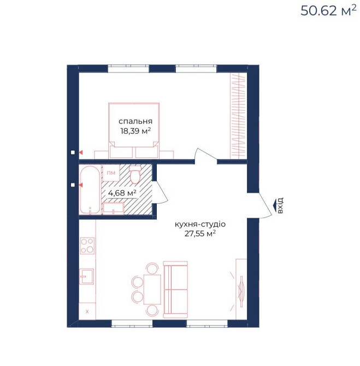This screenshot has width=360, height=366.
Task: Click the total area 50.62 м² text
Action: [x=328, y=10]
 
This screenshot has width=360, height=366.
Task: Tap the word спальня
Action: [x=135, y=121]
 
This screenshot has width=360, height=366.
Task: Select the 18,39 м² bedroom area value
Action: [x=135, y=131]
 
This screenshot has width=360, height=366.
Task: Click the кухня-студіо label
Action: [x=200, y=225]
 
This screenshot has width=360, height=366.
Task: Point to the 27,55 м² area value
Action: [x=200, y=234]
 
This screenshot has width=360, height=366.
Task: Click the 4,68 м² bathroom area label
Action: [x=122, y=193]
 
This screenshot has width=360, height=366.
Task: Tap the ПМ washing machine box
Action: [x=111, y=173]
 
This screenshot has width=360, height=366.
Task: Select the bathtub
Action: [x=90, y=190]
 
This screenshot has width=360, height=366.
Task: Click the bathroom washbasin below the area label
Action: [x=113, y=209]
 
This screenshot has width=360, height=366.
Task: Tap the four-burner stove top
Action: [x=87, y=246]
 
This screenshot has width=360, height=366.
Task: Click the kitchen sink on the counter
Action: [x=86, y=276]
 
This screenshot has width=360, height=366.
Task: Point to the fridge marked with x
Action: [x=87, y=311]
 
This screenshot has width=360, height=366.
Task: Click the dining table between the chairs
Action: [x=152, y=290]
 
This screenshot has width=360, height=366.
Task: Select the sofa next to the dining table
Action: [x=175, y=290]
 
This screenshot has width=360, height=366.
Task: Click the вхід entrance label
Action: [x=280, y=205]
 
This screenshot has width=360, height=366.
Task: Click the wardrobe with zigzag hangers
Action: [x=238, y=116]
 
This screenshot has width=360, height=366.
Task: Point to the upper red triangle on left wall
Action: [x=81, y=152]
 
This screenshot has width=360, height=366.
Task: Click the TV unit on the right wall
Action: [x=241, y=290]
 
